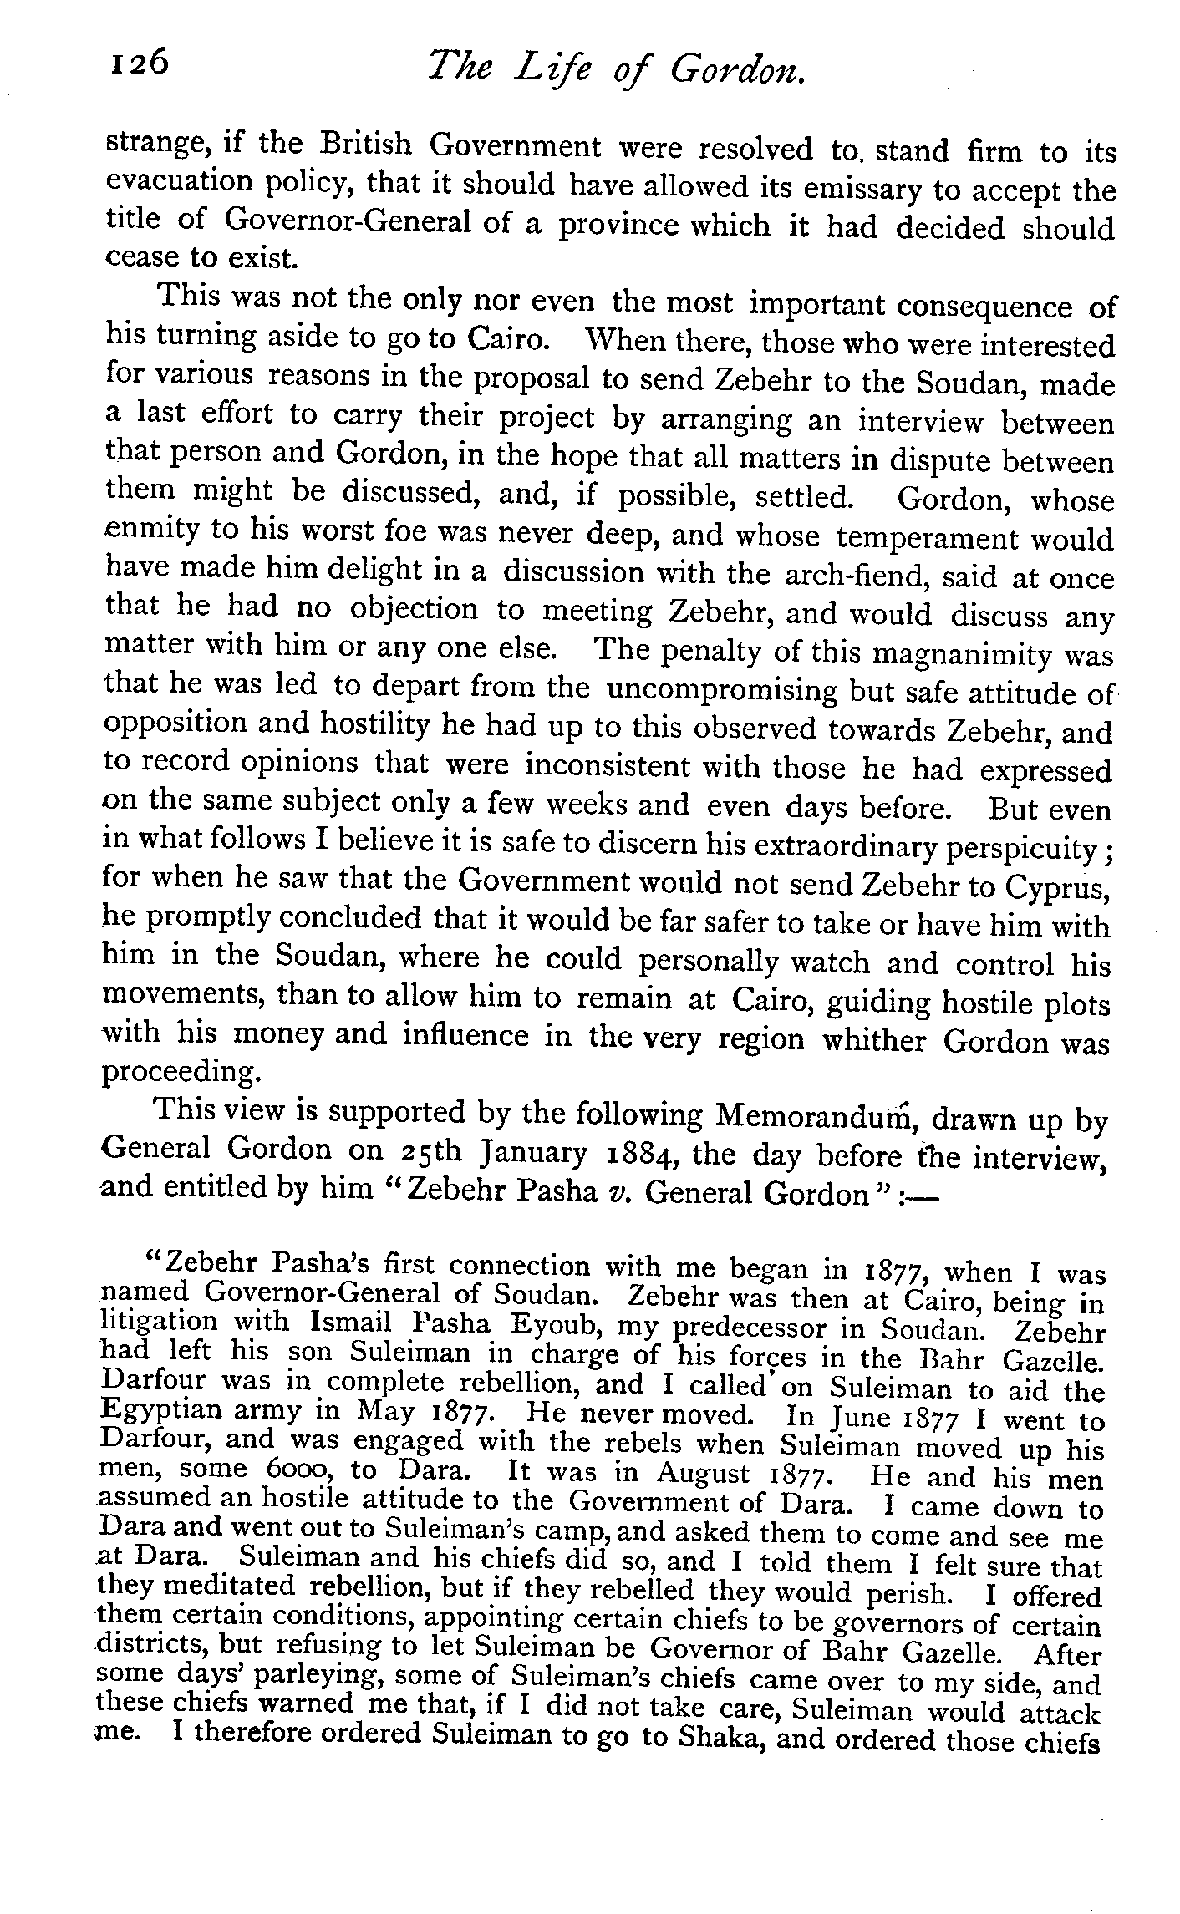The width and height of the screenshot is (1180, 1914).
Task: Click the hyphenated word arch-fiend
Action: click(849, 576)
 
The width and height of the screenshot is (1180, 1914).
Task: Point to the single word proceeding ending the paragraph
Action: click(178, 1072)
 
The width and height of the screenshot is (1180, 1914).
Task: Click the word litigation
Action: click(157, 1323)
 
